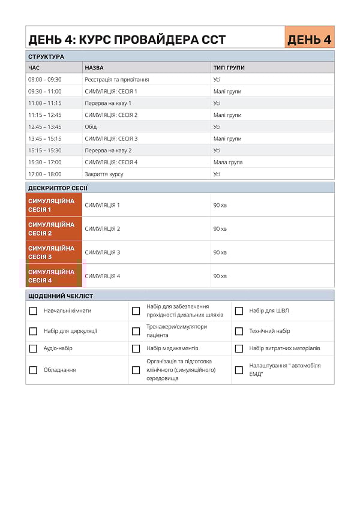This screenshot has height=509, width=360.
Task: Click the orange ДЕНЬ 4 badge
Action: click(x=309, y=40)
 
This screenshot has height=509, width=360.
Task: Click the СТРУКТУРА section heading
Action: click(x=46, y=56)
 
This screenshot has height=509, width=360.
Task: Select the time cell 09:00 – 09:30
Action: click(x=45, y=80)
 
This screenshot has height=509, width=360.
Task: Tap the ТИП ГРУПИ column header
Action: click(x=229, y=68)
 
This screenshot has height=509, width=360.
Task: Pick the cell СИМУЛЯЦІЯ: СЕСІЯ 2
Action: click(x=111, y=115)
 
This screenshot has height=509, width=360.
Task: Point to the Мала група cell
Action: click(x=228, y=162)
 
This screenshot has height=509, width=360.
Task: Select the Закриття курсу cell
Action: click(x=104, y=174)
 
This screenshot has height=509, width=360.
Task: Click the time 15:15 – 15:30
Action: click(x=45, y=150)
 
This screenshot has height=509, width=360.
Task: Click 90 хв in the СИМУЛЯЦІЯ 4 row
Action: click(x=220, y=276)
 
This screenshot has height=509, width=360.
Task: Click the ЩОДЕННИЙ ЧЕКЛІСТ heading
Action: click(x=61, y=296)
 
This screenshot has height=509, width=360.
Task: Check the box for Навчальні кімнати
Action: click(x=34, y=311)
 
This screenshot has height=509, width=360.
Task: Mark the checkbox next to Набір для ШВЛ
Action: click(x=239, y=311)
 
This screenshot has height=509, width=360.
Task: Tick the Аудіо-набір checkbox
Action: click(x=34, y=348)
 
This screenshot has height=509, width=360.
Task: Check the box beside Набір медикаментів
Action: click(x=136, y=348)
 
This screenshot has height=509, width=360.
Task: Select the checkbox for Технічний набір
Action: click(x=239, y=331)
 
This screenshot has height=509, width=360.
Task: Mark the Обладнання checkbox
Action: click(x=34, y=370)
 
